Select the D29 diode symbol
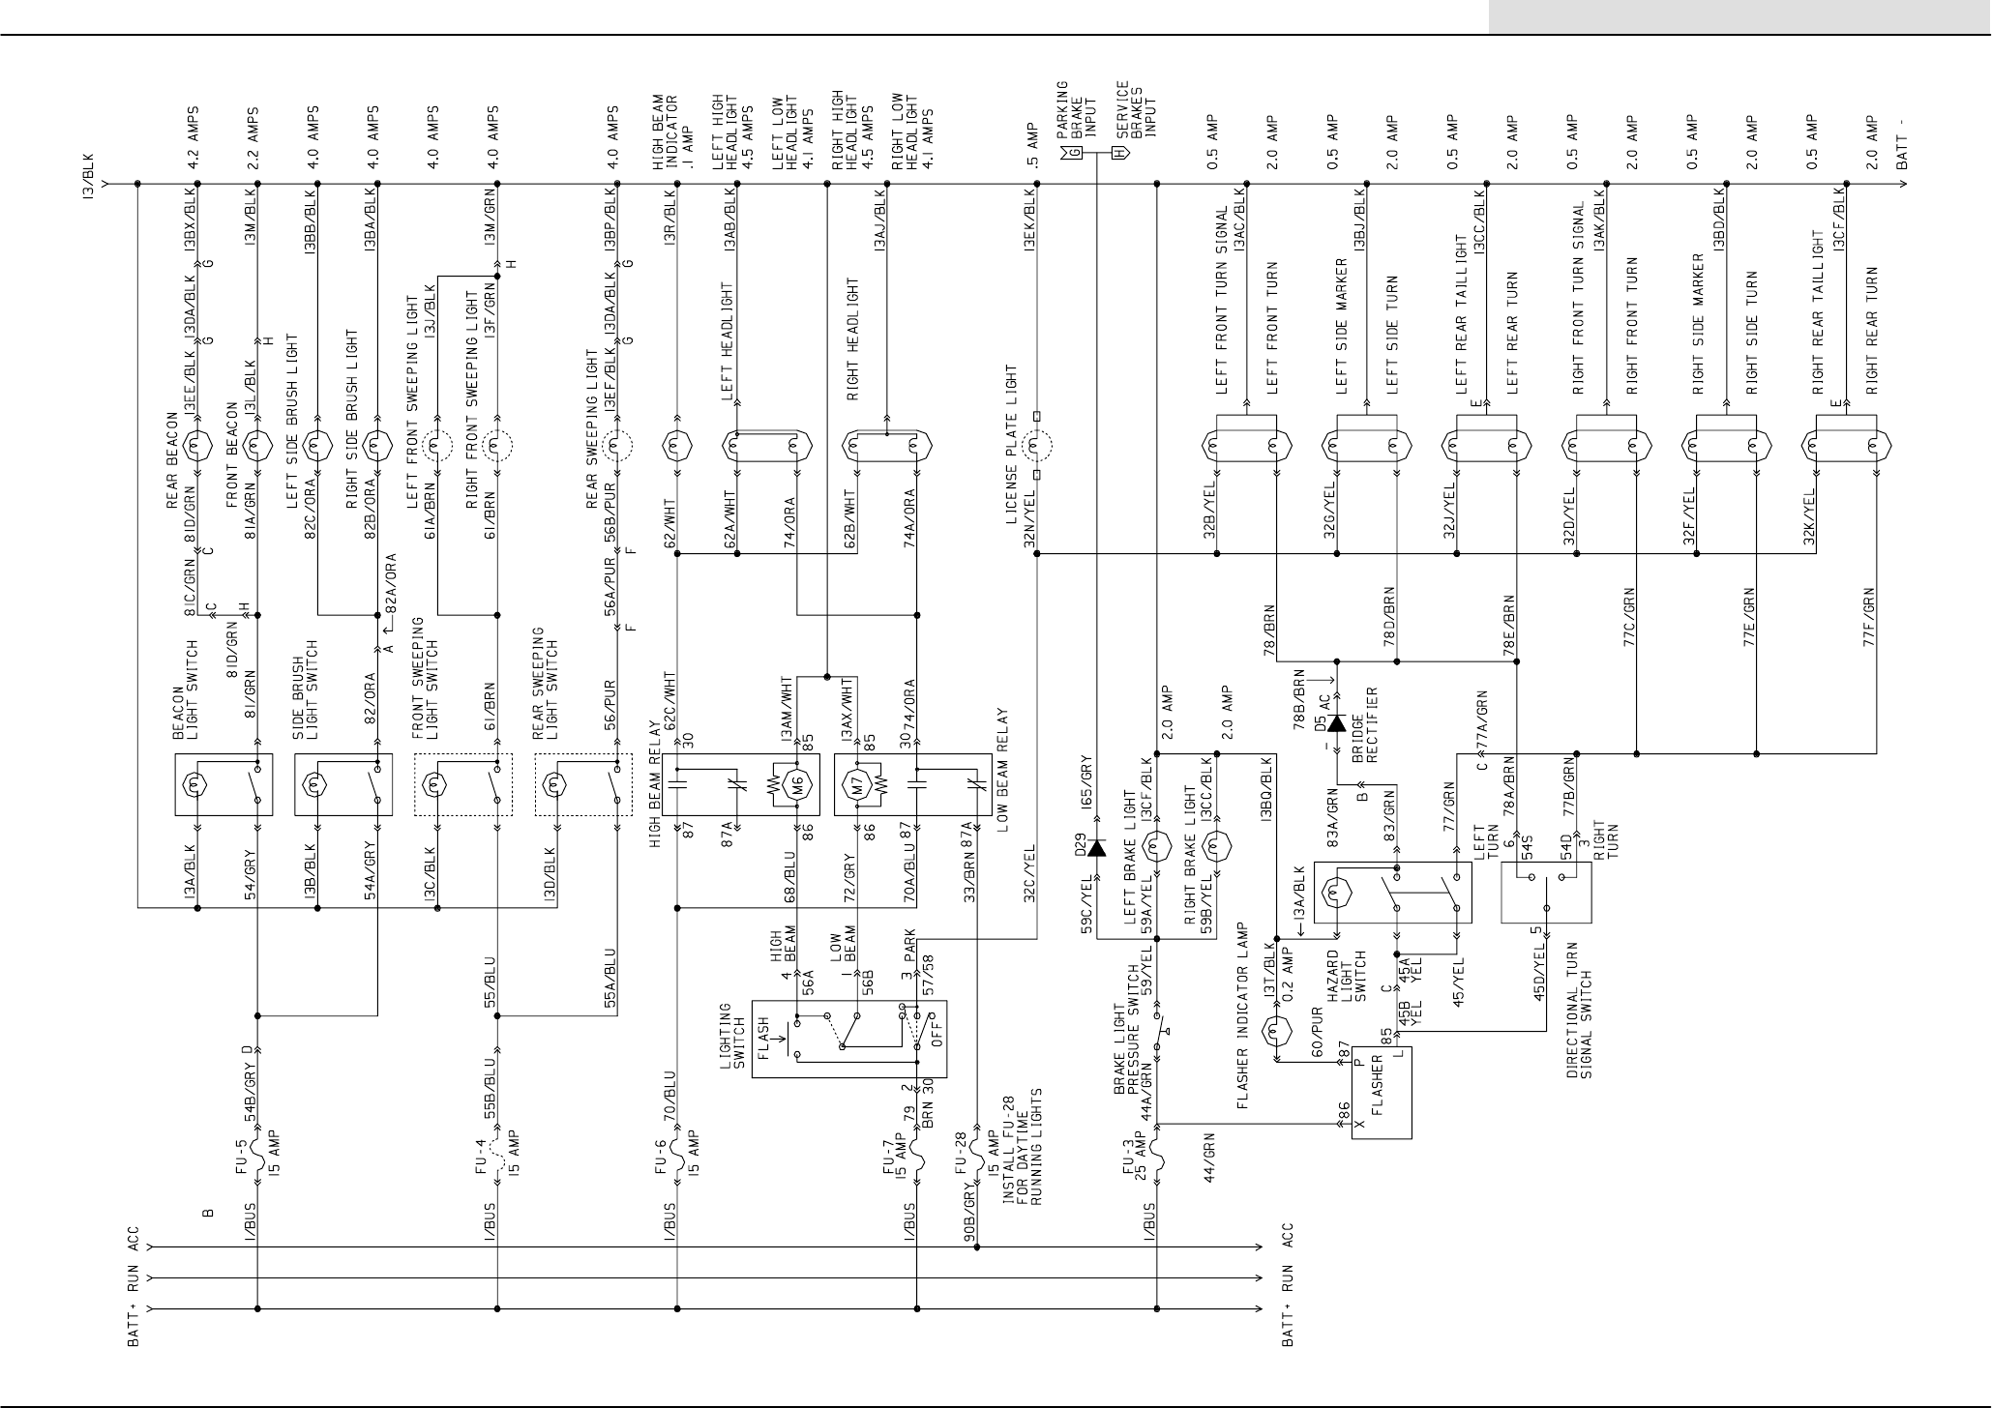point(1096,848)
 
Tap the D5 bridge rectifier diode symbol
point(1336,722)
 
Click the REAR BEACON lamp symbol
point(197,447)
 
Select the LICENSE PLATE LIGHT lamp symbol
point(1036,447)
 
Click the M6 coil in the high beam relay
point(797,784)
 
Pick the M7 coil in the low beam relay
point(857,784)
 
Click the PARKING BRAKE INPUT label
point(1074,111)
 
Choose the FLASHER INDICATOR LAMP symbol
point(1277,1031)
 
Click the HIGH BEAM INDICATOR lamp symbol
point(676,447)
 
